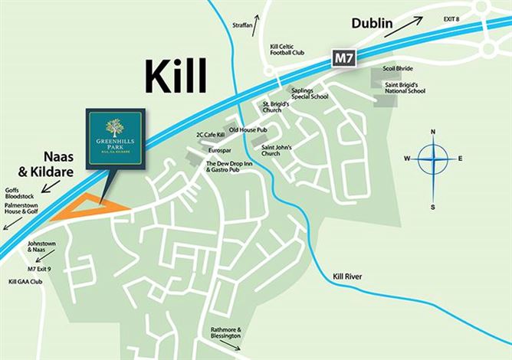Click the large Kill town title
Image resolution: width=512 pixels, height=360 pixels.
[176, 77]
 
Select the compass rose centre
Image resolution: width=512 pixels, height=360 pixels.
[433, 159]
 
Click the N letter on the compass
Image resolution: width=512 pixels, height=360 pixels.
[433, 132]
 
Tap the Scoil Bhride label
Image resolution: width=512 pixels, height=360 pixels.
[399, 68]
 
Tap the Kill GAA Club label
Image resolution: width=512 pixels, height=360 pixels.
[25, 282]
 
